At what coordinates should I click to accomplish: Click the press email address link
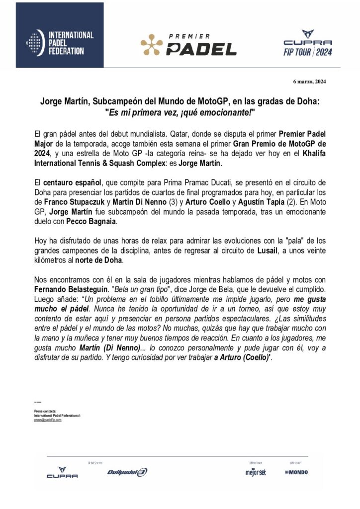click(x=48, y=420)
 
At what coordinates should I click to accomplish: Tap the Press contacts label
click(x=45, y=412)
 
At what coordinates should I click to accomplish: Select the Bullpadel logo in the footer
click(x=127, y=472)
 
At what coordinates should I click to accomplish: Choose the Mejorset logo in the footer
click(x=256, y=472)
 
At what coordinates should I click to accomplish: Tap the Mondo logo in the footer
click(x=297, y=472)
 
